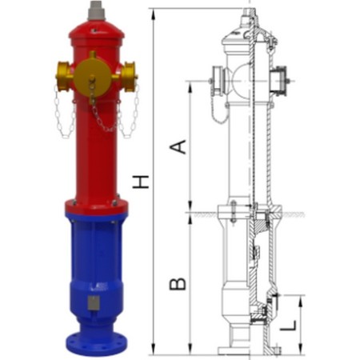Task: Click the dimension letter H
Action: coord(142,182)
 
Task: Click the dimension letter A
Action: coord(181,146)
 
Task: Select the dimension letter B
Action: coord(179,282)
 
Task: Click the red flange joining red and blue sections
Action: coord(96,207)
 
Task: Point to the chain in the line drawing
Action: coord(218,108)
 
